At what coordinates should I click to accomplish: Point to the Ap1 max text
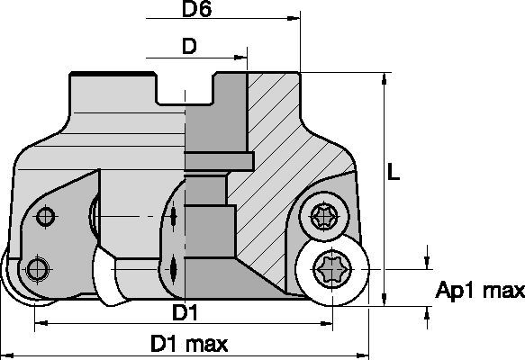479,291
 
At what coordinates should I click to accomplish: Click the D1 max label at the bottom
188,344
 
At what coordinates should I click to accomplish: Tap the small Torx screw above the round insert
323,216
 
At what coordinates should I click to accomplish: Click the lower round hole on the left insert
36,267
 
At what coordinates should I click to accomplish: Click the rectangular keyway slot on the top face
186,91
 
